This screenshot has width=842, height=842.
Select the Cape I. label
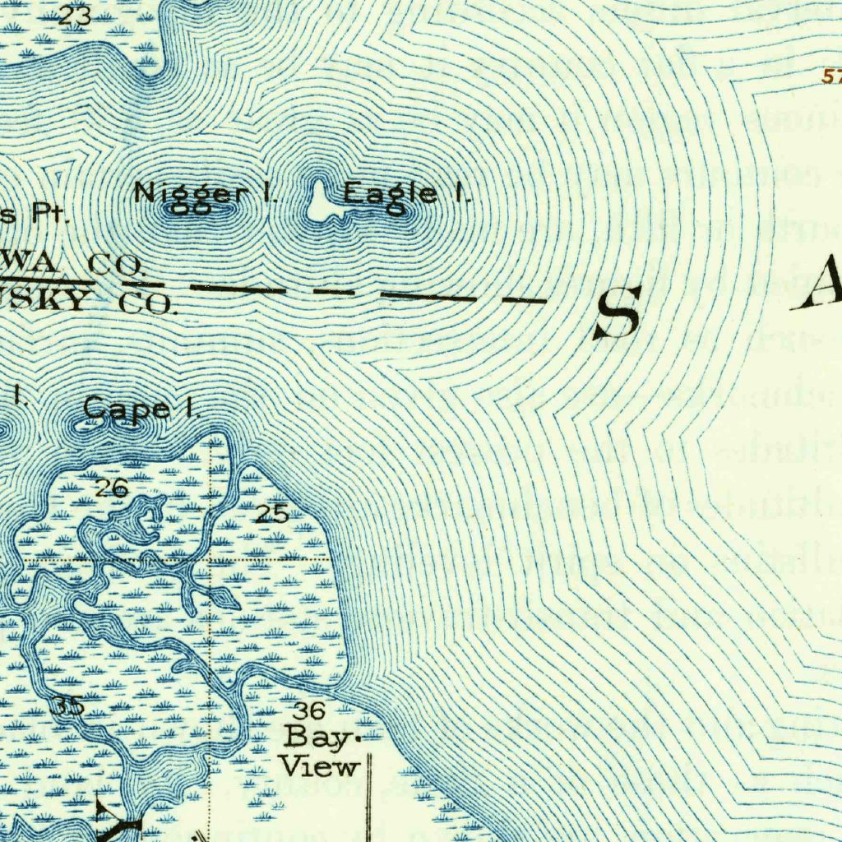(141, 408)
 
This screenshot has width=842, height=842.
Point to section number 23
(75, 16)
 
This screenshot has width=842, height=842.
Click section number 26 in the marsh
(110, 489)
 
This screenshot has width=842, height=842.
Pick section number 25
(271, 515)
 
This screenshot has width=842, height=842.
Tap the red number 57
(831, 76)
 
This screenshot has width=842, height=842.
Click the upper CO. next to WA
(116, 265)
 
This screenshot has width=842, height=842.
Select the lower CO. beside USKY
(147, 303)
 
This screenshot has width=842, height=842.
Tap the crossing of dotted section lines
(210, 561)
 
